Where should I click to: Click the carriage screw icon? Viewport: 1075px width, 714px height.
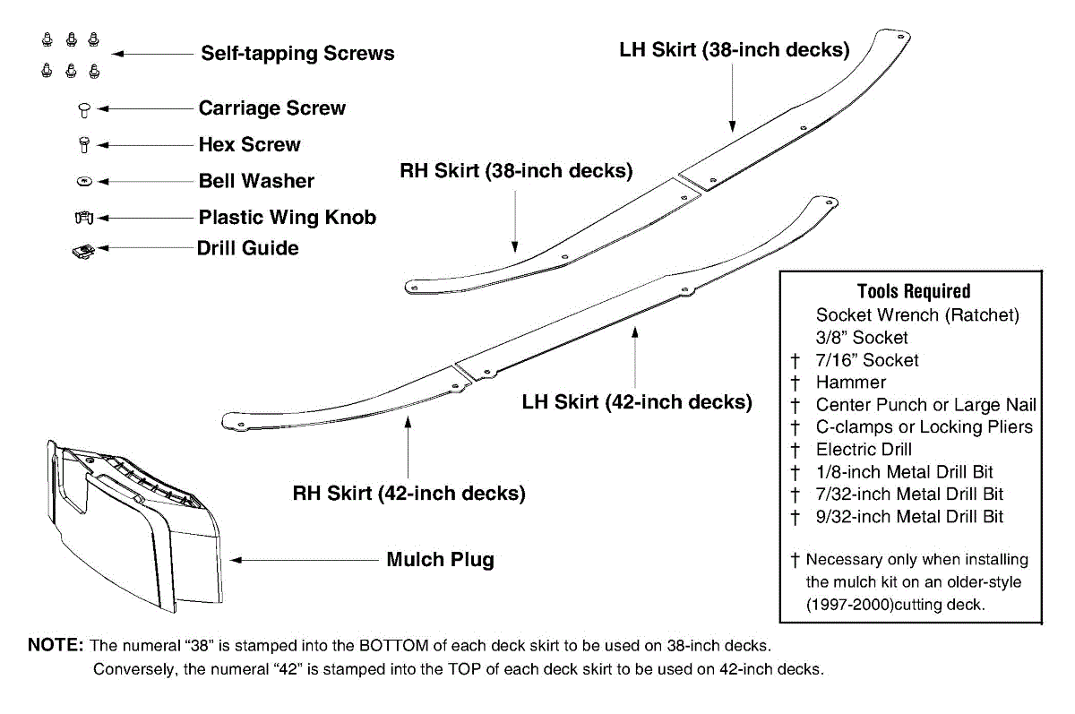click(x=83, y=109)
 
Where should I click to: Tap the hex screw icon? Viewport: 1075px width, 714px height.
click(x=83, y=144)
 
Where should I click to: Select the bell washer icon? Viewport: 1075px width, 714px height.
click(x=83, y=181)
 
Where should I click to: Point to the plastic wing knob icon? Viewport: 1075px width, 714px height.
click(x=83, y=217)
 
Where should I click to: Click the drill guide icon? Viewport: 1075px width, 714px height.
click(x=82, y=251)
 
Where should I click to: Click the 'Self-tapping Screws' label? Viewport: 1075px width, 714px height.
click(x=297, y=54)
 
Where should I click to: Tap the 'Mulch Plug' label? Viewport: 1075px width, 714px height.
click(x=440, y=560)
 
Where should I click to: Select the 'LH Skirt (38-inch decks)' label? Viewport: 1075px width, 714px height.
click(x=735, y=50)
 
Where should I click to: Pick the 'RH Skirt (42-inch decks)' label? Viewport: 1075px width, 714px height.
click(x=409, y=494)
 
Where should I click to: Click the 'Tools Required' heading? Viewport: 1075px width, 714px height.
click(x=914, y=291)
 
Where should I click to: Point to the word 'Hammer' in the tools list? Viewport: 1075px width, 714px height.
click(x=850, y=383)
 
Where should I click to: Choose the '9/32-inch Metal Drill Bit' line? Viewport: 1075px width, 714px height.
click(x=909, y=517)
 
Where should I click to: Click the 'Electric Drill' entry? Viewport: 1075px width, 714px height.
click(x=864, y=450)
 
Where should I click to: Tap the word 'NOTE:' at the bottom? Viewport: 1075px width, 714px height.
click(x=56, y=645)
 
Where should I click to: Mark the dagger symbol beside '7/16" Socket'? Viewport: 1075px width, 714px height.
click(x=794, y=360)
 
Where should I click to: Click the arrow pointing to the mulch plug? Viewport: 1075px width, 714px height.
click(x=305, y=560)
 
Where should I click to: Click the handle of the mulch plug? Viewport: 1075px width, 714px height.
click(x=113, y=483)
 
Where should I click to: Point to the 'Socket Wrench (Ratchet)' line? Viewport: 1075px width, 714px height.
click(x=917, y=315)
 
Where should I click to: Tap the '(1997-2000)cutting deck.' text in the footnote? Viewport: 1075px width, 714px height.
click(x=896, y=605)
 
